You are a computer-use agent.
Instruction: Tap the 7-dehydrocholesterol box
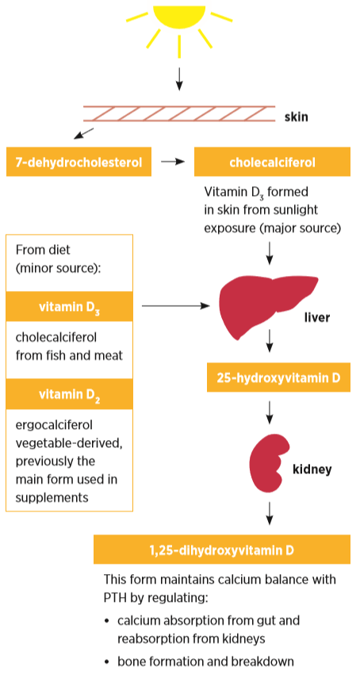click(79, 162)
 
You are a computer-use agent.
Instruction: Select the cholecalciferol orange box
click(272, 162)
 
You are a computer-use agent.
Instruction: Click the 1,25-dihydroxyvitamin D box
click(222, 550)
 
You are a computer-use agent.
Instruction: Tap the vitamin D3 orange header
click(70, 307)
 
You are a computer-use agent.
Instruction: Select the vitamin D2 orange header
click(70, 394)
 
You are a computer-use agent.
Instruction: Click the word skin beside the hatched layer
click(296, 117)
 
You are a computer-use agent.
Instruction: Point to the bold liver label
click(316, 318)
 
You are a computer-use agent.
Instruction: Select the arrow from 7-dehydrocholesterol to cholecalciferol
click(172, 162)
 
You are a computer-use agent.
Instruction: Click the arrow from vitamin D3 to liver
click(175, 306)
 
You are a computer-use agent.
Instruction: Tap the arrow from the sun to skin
click(179, 79)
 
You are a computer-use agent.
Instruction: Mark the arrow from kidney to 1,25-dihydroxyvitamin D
click(270, 513)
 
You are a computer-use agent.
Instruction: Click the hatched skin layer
click(179, 113)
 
